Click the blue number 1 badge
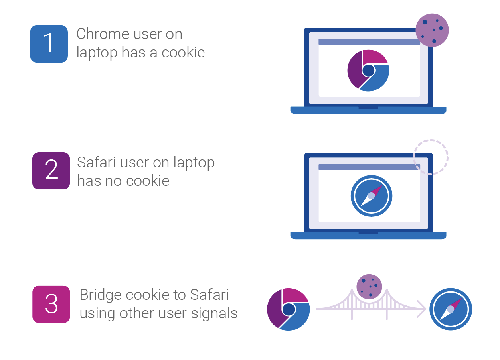coord(49,44)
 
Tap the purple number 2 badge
coord(51,171)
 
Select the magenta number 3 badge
coord(51,304)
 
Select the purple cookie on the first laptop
coord(432,30)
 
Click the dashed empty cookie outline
coord(431,157)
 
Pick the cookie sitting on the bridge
coord(369,287)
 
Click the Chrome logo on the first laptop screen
coord(368,70)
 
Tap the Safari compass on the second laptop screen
coord(371,196)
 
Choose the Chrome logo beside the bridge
coord(288,309)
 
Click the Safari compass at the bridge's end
coord(450,309)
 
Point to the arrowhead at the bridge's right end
coord(422,309)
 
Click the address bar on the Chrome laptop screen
coord(369,42)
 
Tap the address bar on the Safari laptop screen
coord(369,167)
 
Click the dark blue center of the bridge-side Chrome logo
coord(289,309)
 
